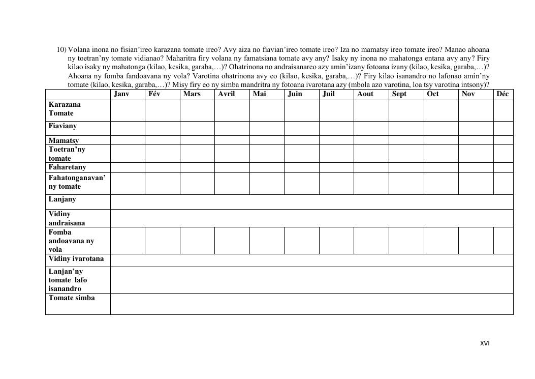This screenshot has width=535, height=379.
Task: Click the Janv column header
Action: (x=121, y=94)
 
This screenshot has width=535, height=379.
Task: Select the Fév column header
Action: (x=154, y=94)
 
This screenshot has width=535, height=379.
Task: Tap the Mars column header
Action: (x=192, y=94)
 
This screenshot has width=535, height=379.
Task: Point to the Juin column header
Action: (x=295, y=94)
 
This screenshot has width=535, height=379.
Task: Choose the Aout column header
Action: (x=365, y=94)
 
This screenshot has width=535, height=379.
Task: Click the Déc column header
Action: (x=502, y=94)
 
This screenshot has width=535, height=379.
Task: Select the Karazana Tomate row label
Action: (x=65, y=109)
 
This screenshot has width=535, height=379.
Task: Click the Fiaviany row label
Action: (x=63, y=126)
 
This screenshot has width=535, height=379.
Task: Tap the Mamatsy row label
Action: (x=64, y=140)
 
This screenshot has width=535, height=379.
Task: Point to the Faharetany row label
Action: (x=68, y=167)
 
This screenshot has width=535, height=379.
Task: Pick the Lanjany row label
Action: (x=62, y=199)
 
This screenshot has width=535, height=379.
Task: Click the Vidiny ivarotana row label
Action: (x=76, y=259)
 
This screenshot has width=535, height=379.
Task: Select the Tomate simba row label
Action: (x=72, y=298)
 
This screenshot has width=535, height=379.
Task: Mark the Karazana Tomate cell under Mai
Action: (x=267, y=110)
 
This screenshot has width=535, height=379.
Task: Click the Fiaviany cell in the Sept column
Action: (x=406, y=128)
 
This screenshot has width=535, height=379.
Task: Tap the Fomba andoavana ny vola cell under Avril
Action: (x=232, y=241)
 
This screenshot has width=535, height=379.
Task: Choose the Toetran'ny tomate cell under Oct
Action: (x=441, y=154)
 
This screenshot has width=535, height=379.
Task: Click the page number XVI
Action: (x=485, y=343)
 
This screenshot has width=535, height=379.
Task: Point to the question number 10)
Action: (x=61, y=50)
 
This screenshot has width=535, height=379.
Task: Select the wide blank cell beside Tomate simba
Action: (x=311, y=304)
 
